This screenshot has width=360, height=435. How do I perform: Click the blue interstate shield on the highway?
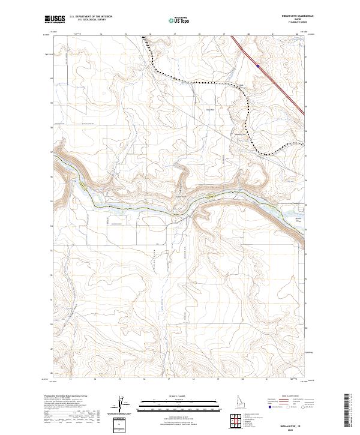(x=257, y=66)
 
